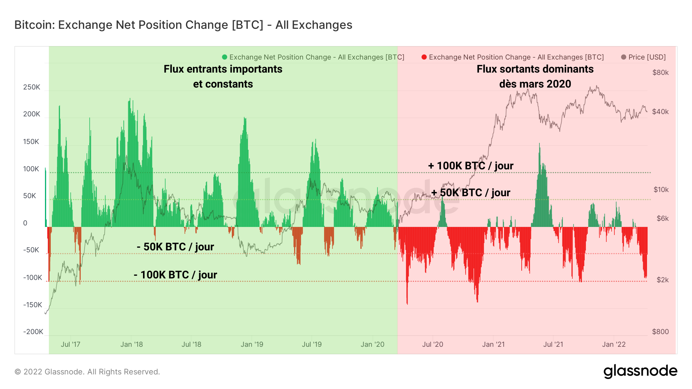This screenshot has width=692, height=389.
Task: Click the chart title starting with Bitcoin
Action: point(183,25)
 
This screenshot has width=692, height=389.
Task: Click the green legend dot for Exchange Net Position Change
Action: point(225,57)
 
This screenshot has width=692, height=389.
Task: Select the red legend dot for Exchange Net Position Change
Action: point(424,57)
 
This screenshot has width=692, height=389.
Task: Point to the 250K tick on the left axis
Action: point(32,87)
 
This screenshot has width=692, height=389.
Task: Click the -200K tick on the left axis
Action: point(33,332)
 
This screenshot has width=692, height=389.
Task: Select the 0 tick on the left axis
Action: point(25,223)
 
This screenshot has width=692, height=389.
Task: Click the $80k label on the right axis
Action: point(660,73)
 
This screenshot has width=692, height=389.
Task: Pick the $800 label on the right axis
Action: point(660,332)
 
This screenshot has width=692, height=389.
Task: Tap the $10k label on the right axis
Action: point(661,190)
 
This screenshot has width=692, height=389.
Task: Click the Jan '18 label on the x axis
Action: point(131,344)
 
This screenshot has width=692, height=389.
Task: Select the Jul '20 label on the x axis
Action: point(432,344)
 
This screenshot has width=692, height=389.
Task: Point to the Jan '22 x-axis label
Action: point(614,344)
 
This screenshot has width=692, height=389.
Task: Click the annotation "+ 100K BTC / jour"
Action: point(471,166)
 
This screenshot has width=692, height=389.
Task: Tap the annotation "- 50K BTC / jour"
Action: point(175,247)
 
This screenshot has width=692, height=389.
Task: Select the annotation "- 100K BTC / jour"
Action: point(175,275)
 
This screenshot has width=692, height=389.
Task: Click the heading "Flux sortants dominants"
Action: point(535,69)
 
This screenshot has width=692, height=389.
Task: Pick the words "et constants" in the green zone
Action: point(223,84)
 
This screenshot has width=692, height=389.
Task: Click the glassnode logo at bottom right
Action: point(640,371)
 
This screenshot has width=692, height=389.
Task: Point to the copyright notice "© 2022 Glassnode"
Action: point(87,372)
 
